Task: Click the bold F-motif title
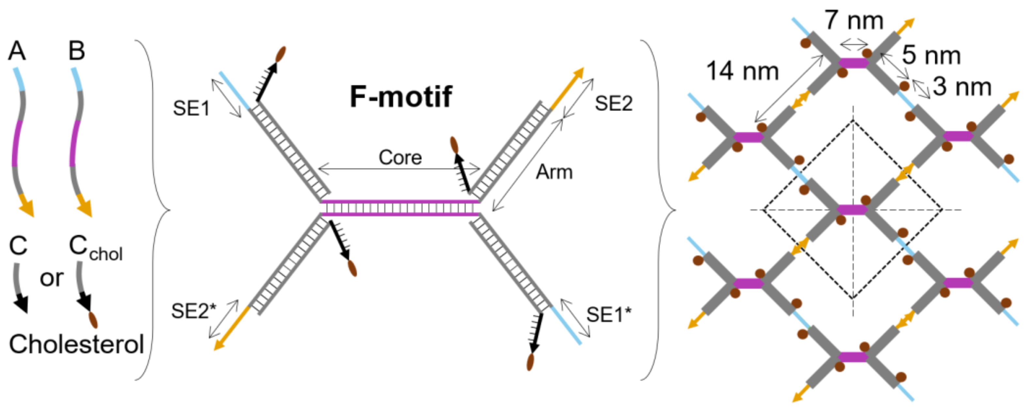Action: click(401, 97)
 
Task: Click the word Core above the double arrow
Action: click(400, 157)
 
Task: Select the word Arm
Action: click(554, 172)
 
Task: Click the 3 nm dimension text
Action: click(961, 87)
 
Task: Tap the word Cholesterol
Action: click(76, 344)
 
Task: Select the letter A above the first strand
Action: click(17, 51)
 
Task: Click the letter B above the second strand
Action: click(76, 51)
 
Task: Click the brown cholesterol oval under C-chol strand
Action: click(93, 320)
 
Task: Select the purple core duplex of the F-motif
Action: click(400, 208)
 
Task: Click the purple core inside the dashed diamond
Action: click(852, 210)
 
